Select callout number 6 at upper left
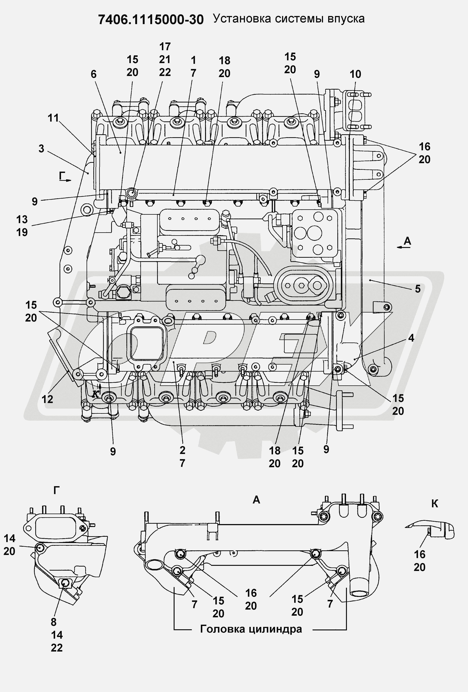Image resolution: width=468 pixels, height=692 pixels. pyautogui.click(x=94, y=74)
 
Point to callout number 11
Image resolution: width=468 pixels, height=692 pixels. pyautogui.click(x=53, y=118)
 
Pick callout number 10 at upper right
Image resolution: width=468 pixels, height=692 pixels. pyautogui.click(x=355, y=74)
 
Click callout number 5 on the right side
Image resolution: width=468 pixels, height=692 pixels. pyautogui.click(x=418, y=289)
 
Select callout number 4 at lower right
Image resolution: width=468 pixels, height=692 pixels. pyautogui.click(x=411, y=338)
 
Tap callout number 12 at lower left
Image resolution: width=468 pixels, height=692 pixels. pyautogui.click(x=47, y=399)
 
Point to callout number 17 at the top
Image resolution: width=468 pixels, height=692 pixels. pyautogui.click(x=165, y=47)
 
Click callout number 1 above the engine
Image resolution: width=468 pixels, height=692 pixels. pyautogui.click(x=193, y=60)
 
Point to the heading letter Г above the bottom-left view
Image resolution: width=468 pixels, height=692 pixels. pyautogui.click(x=56, y=490)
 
